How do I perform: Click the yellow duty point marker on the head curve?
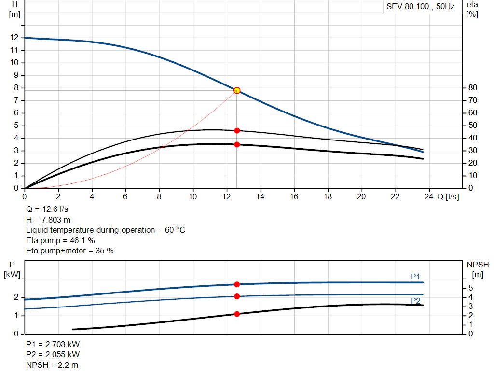(x=237, y=90)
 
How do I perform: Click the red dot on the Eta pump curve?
(x=237, y=130)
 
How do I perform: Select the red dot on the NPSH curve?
(x=237, y=314)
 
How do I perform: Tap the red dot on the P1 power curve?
(x=237, y=284)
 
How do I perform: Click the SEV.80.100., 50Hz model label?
(x=421, y=7)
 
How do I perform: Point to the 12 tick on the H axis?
(x=14, y=37)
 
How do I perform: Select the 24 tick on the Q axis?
(x=429, y=196)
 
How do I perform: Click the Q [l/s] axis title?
(x=448, y=196)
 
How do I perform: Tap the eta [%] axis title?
(x=472, y=9)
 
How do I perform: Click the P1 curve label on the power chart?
(x=415, y=276)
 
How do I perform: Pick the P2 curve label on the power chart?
(x=415, y=301)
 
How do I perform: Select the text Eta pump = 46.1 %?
(x=60, y=240)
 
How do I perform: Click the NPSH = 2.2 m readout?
(x=52, y=365)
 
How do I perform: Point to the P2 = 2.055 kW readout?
(x=53, y=355)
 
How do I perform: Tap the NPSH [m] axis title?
(x=478, y=269)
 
